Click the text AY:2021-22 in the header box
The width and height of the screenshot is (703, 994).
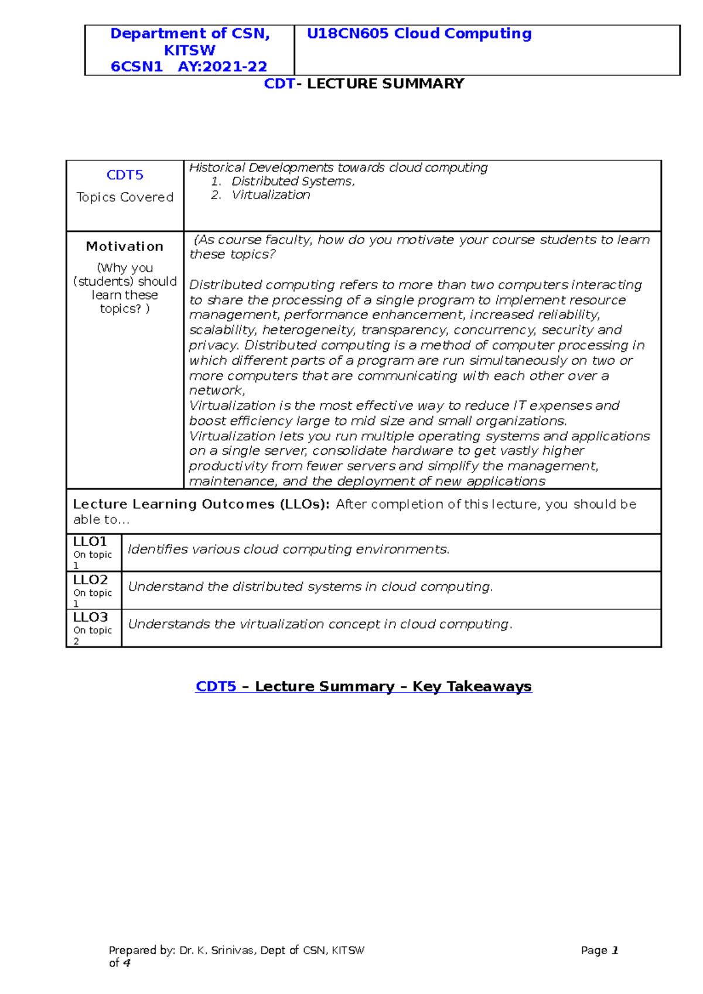(223, 67)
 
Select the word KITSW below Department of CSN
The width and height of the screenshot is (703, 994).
(189, 50)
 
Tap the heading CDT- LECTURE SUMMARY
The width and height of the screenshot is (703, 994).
(364, 84)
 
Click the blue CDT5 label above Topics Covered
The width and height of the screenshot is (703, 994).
(125, 175)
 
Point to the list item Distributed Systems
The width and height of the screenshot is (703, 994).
(293, 181)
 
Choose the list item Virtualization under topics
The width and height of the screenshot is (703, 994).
(271, 195)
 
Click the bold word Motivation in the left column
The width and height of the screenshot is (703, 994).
(125, 246)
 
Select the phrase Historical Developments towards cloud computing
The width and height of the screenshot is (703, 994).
(338, 167)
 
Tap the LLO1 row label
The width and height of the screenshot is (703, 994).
(90, 542)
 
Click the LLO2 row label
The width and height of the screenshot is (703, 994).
(90, 580)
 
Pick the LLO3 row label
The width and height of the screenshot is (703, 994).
(90, 618)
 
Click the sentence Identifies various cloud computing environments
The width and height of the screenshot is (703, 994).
(288, 550)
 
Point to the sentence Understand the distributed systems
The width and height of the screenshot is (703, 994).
(310, 587)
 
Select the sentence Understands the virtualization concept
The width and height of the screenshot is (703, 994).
(320, 625)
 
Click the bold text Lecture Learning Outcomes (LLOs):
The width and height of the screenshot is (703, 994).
(201, 505)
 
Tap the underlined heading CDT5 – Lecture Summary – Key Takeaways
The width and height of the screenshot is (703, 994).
(363, 687)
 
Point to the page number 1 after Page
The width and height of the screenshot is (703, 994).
(615, 951)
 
